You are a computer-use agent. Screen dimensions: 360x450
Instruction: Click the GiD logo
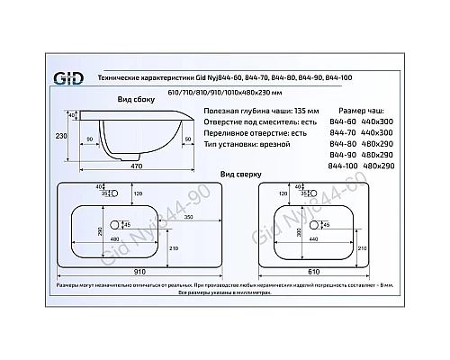[x=71, y=80]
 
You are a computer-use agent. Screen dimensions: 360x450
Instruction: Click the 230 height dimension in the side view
[x=59, y=136]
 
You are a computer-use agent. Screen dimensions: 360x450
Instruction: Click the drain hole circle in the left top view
[x=115, y=224]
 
